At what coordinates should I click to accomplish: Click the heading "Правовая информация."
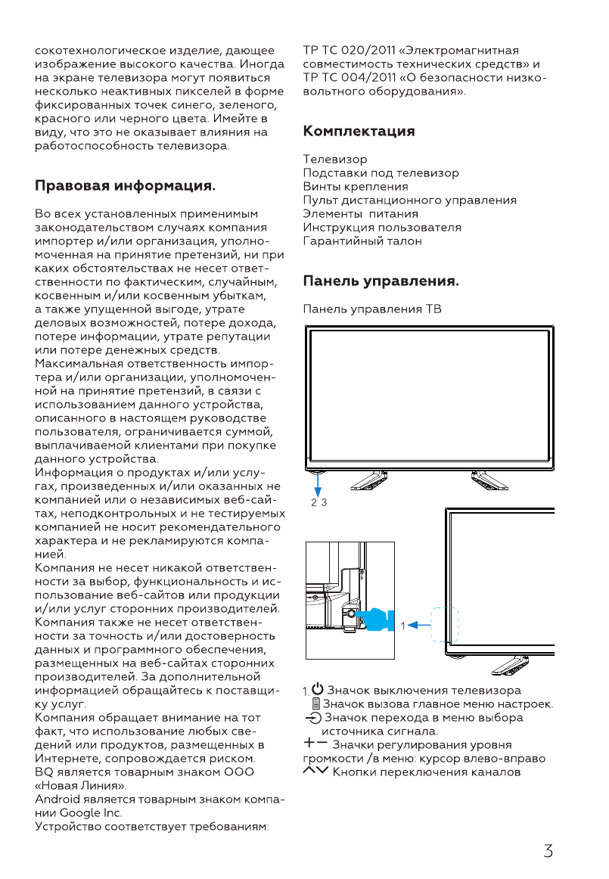[126, 185]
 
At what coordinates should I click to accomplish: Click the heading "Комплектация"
[359, 131]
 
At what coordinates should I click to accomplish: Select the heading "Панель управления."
[381, 282]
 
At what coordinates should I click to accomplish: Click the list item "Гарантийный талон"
[362, 241]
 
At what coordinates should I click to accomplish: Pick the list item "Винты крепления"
[356, 187]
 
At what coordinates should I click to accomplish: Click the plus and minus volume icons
[318, 745]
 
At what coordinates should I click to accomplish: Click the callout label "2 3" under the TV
[318, 502]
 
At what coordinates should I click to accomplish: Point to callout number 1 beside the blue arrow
[403, 625]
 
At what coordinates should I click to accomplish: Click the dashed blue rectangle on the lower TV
[444, 625]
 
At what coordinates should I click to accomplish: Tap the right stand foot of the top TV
[489, 479]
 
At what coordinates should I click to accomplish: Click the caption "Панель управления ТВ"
[372, 309]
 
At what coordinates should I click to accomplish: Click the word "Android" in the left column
[57, 799]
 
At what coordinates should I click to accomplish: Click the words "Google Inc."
[90, 812]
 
